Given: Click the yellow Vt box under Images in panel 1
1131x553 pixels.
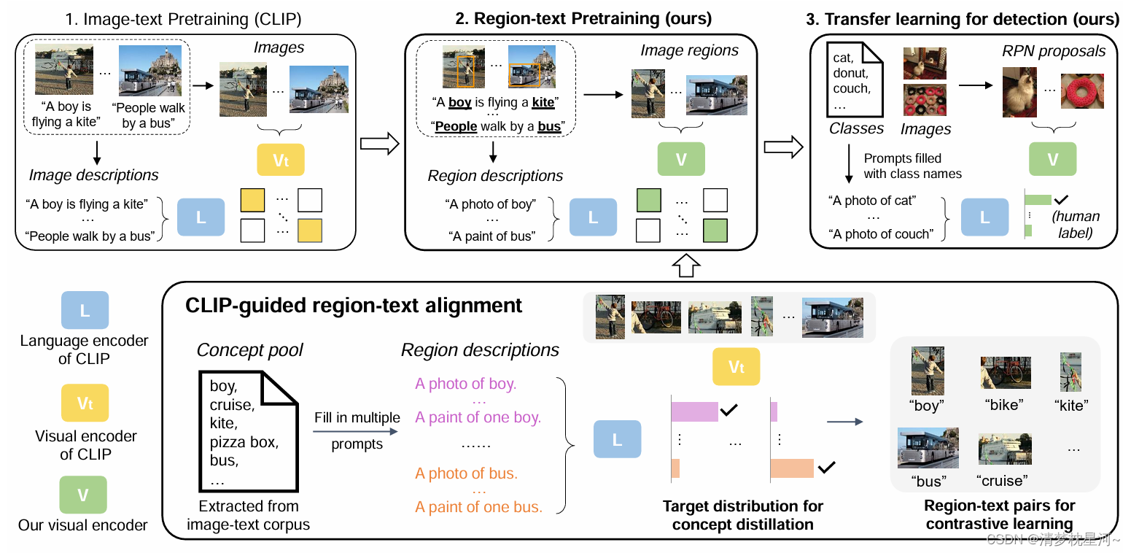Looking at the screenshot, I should [280, 161].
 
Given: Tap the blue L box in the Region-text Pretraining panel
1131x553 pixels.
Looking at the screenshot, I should [592, 218].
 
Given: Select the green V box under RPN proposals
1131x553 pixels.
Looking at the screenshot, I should [1052, 161].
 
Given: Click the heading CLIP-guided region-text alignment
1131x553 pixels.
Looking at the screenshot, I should [354, 305].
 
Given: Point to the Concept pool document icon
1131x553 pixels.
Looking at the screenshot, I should [249, 430].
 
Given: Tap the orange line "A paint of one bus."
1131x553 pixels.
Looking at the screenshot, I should [479, 507].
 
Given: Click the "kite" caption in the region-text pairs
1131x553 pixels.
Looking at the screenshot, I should [1071, 406].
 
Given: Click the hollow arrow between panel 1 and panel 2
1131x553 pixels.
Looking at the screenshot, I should [380, 144].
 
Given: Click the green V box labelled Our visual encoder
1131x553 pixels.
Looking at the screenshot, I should [83, 495].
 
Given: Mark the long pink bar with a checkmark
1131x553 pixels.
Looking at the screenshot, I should [694, 411].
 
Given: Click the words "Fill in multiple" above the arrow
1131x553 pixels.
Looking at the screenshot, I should [357, 418].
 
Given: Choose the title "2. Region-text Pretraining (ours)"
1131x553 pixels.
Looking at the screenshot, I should [583, 18].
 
